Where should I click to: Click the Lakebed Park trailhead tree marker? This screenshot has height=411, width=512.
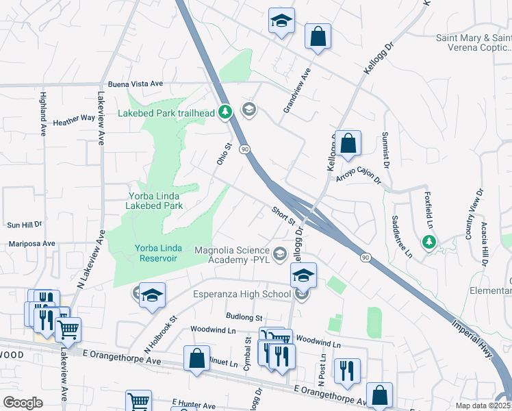(x=225, y=112)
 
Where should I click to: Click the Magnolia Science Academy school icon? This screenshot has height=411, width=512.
(x=279, y=254)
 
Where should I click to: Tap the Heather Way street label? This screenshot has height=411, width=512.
(x=74, y=119)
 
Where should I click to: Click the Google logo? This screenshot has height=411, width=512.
(x=23, y=403)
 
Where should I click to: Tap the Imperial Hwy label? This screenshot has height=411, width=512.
(x=479, y=349)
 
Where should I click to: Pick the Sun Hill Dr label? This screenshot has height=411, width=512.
(x=24, y=224)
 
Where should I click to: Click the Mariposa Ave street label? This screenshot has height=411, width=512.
(x=31, y=243)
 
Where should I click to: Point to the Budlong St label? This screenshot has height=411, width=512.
(x=244, y=318)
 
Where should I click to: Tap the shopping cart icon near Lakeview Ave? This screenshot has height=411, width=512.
(x=68, y=330)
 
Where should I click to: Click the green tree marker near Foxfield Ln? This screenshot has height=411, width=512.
(x=429, y=242)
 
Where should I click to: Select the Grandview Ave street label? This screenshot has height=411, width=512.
(x=298, y=91)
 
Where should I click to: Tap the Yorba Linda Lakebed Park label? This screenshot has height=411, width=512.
(x=156, y=200)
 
